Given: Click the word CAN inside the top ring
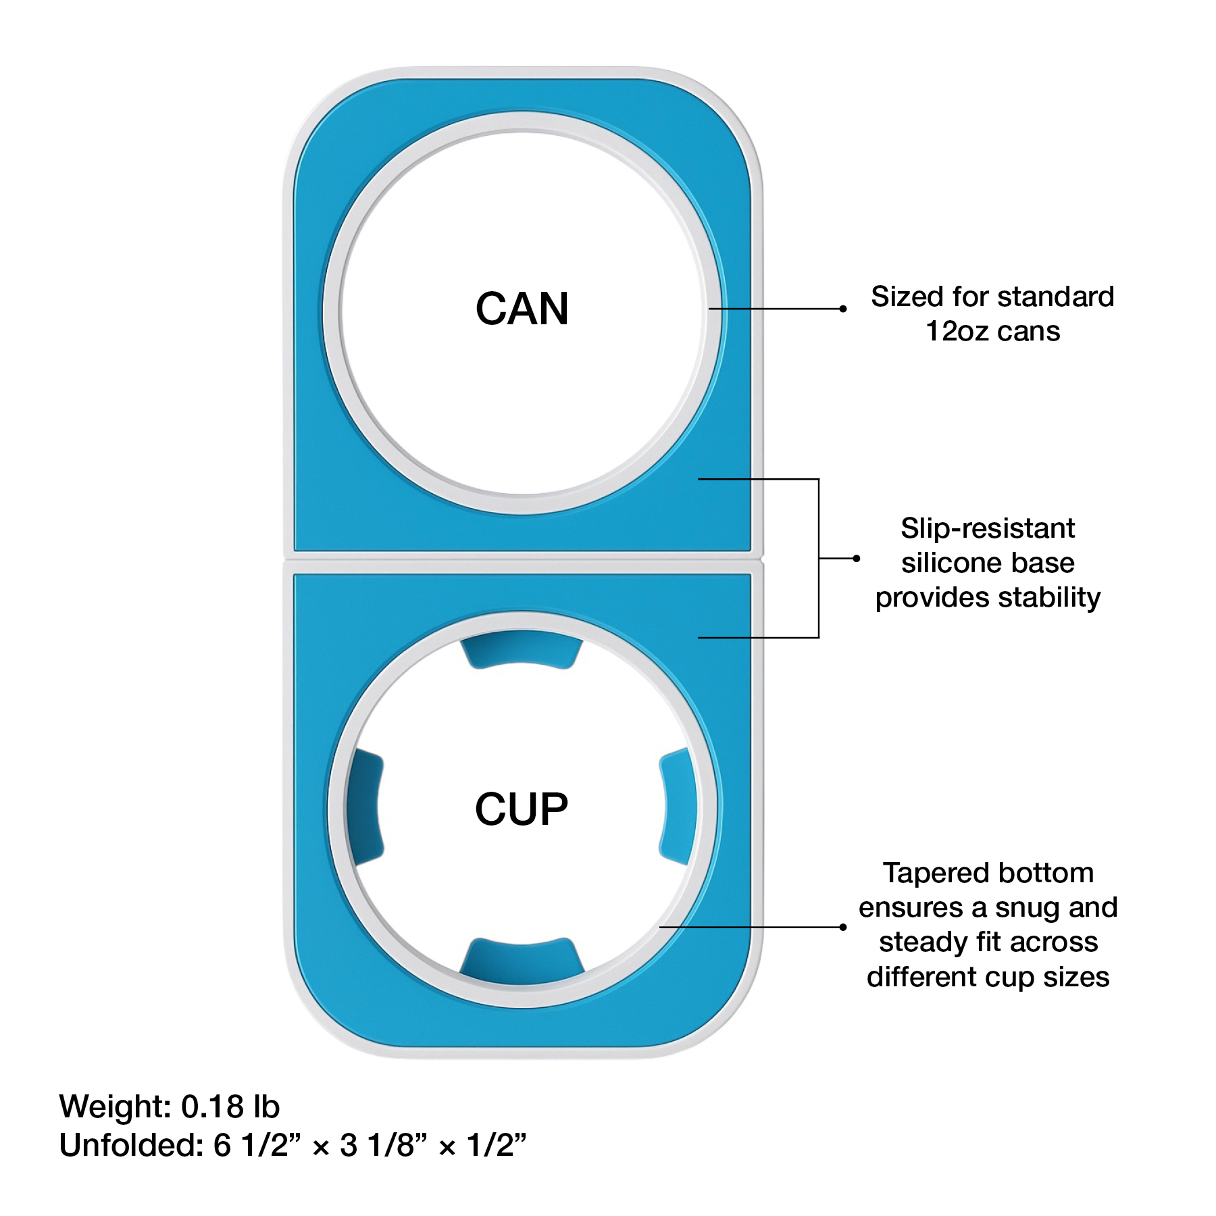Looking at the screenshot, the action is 522,309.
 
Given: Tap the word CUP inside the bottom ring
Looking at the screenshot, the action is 522,809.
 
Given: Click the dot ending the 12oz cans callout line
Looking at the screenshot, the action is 842,309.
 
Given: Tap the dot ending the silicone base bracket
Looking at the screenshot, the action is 856,558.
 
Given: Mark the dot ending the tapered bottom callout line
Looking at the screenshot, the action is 842,927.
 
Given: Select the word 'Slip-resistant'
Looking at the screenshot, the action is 987,528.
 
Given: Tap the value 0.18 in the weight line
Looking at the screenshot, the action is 212,1107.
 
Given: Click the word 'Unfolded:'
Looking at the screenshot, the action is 131,1145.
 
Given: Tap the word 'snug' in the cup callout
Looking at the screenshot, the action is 1028,908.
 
